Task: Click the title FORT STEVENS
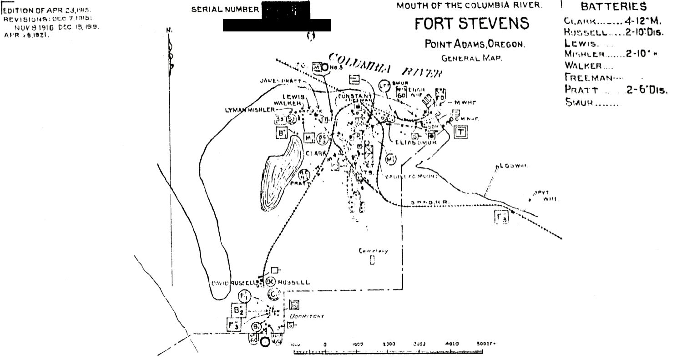472,24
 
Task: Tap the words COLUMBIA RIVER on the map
385,66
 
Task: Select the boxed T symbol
461,132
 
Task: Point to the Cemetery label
373,251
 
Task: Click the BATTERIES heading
613,7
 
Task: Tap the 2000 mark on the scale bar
389,345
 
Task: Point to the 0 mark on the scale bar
325,345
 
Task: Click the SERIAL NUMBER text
225,10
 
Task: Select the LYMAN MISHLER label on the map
250,110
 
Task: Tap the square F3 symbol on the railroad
501,217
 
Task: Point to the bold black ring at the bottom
265,342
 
